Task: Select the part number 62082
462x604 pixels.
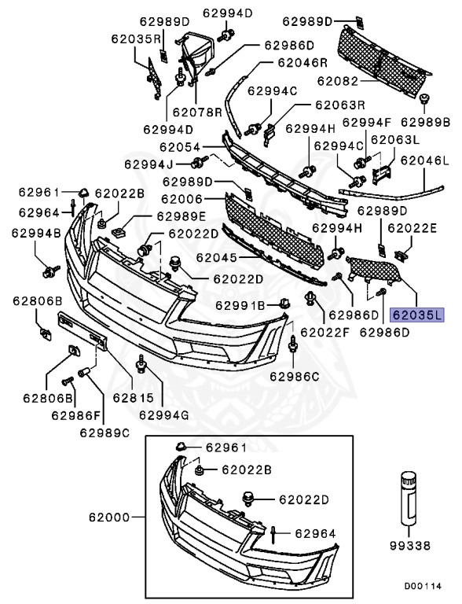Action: point(337,81)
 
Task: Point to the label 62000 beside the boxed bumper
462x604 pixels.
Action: point(112,518)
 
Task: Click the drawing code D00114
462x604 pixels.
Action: point(423,586)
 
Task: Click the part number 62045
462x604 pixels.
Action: point(215,257)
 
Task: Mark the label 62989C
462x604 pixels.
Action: point(104,430)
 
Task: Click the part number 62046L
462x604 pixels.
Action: point(424,160)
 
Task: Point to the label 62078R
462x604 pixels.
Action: point(199,112)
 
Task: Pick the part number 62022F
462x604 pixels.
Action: point(324,333)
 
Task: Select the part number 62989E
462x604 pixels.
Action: point(181,215)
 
